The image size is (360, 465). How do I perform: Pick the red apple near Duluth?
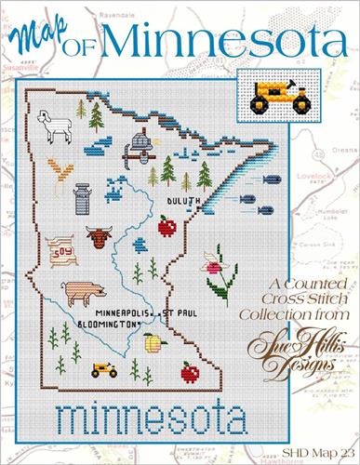click(x=168, y=224)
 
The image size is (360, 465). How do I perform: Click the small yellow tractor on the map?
click(x=102, y=370)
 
